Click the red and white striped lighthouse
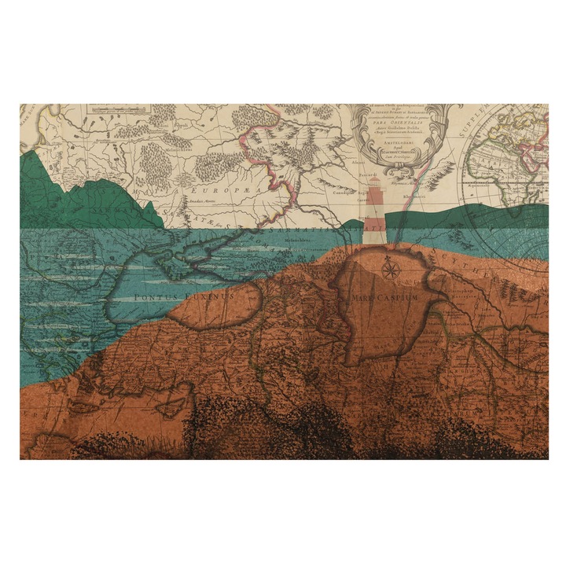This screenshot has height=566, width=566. pyautogui.click(x=376, y=212)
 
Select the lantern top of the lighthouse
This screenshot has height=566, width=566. pyautogui.click(x=376, y=183)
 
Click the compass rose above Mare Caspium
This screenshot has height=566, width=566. pyautogui.click(x=389, y=270)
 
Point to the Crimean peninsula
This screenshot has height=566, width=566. pyautogui.click(x=189, y=256)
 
